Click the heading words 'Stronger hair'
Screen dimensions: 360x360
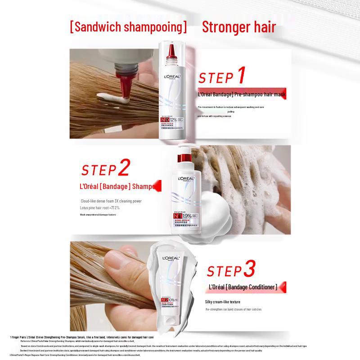pos(239,27)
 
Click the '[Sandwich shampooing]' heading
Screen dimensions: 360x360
pos(128,27)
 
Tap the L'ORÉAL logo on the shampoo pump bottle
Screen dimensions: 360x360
pos(186,179)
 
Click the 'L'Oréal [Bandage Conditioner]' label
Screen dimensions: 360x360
pos(243,287)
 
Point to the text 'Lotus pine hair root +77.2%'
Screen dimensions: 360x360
pos(100,208)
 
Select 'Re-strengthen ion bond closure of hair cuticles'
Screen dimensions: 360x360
pos(233,310)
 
